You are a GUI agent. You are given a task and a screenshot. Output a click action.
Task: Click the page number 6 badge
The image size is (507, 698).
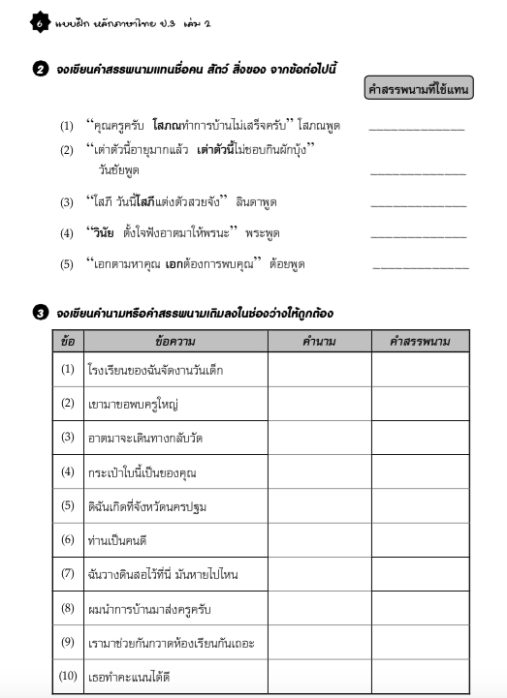click(x=38, y=22)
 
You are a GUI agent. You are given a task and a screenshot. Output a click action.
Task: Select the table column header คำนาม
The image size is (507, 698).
click(x=319, y=341)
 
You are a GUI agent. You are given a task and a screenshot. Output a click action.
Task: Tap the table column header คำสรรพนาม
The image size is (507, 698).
click(x=420, y=341)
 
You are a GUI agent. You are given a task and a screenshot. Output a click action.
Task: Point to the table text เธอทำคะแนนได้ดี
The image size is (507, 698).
click(x=121, y=675)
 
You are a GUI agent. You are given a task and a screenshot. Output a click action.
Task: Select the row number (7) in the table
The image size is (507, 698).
click(x=67, y=573)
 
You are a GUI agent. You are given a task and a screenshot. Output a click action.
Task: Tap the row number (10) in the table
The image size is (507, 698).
click(x=67, y=675)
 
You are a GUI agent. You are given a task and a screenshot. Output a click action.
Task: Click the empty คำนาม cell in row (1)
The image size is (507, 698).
click(x=319, y=369)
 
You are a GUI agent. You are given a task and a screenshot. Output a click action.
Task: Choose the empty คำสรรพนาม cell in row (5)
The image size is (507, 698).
click(x=420, y=505)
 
